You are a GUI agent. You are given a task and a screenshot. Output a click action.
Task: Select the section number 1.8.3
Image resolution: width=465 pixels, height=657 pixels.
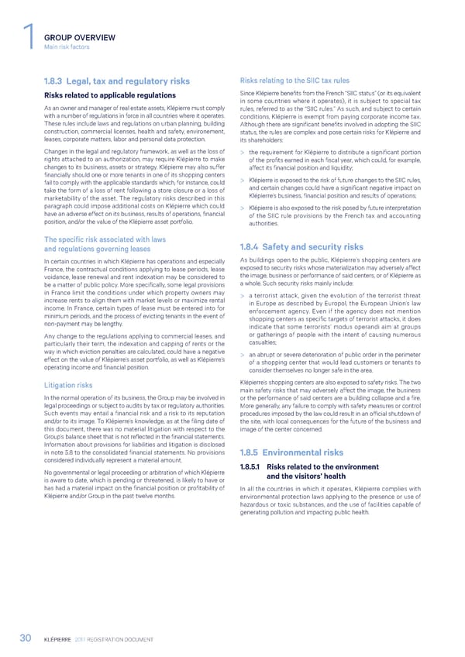point(58,81)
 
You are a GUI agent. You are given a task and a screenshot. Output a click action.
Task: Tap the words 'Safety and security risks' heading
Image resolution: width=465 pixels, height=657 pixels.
point(313,247)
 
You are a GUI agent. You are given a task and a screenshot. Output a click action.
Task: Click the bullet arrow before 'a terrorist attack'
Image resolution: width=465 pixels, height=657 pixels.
point(243,295)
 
